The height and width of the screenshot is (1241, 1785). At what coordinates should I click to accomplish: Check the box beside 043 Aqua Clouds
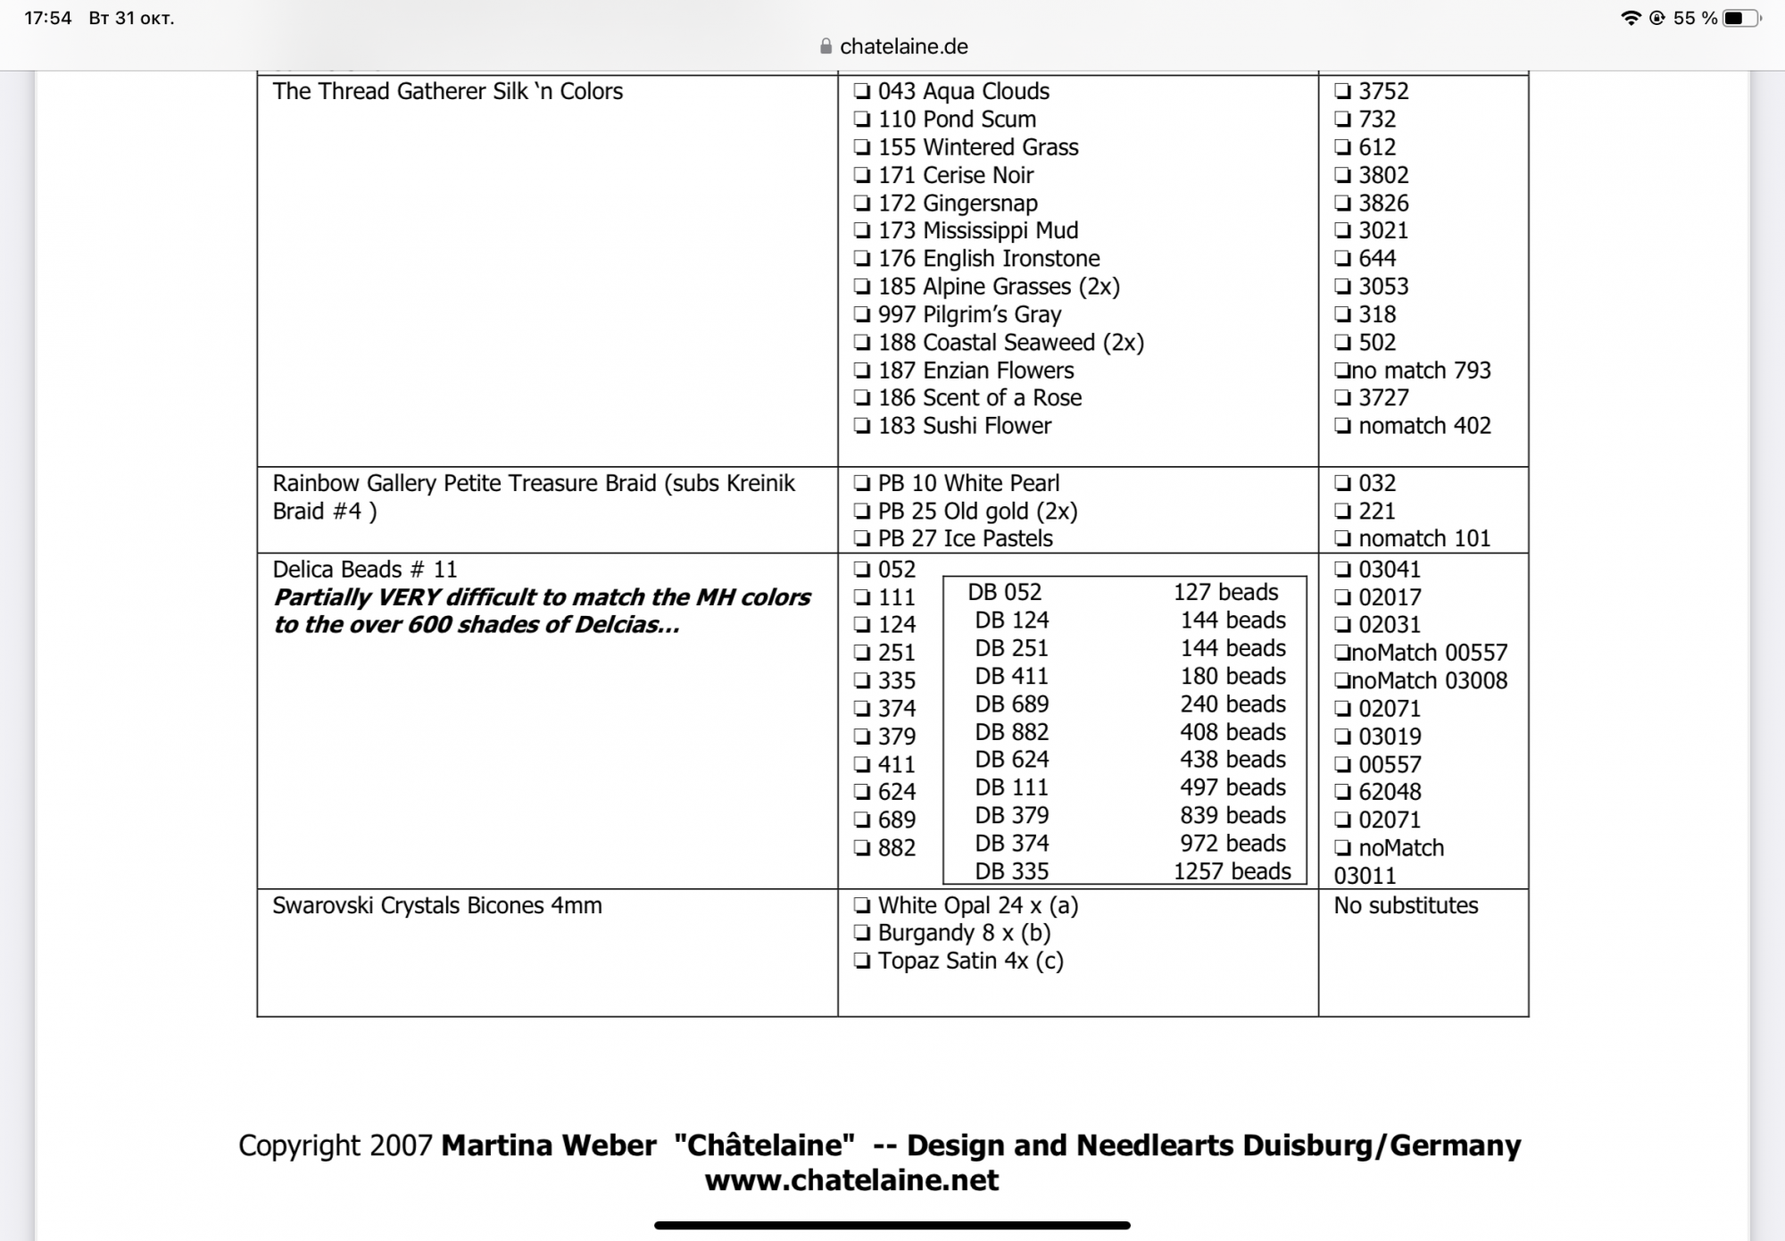[861, 91]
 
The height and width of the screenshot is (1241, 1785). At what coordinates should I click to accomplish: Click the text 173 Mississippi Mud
[977, 230]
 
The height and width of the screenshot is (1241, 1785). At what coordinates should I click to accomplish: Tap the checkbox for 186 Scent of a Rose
[861, 398]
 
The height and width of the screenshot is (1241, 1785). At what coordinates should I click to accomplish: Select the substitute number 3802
[1382, 175]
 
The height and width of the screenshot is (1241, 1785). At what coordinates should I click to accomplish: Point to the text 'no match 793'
[1420, 371]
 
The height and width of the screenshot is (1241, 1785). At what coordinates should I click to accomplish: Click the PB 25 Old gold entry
[977, 512]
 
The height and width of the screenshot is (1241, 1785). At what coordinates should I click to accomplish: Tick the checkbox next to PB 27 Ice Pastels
[861, 538]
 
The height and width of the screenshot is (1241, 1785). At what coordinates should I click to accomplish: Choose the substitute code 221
[1376, 512]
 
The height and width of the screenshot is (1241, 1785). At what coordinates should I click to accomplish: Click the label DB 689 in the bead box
[1011, 704]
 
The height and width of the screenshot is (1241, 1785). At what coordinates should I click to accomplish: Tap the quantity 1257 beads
[1232, 871]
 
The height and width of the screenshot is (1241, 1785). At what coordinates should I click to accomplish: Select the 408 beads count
[1233, 732]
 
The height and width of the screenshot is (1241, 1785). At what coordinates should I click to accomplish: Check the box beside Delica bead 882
[861, 848]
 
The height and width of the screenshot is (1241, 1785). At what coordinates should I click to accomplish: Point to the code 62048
[1390, 792]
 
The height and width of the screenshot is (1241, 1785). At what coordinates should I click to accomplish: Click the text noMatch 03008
[1429, 681]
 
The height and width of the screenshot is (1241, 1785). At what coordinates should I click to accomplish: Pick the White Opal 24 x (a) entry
[977, 905]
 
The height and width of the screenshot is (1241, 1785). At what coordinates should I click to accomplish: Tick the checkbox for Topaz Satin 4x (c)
[861, 961]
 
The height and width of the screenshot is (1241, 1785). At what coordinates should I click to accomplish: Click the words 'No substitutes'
[1406, 905]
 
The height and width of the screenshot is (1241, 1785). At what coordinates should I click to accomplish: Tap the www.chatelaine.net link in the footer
[851, 1180]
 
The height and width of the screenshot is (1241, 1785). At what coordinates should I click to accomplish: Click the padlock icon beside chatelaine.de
[826, 46]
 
